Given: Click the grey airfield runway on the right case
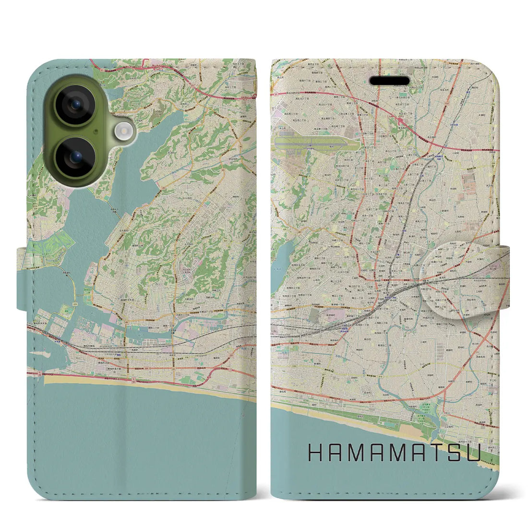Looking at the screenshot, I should [x=307, y=142].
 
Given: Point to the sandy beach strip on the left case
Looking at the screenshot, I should [x=144, y=384].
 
